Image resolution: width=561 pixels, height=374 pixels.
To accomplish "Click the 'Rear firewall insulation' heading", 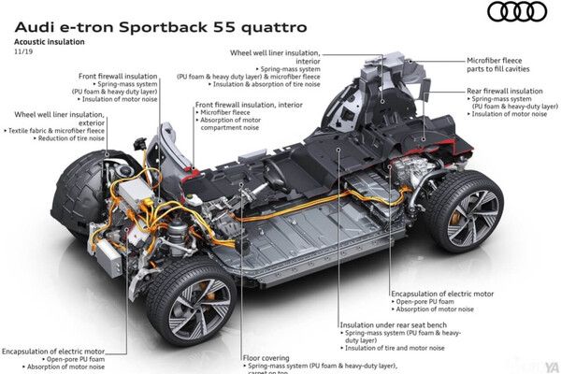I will click(x=504, y=91).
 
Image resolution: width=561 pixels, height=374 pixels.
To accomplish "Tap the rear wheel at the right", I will click(x=467, y=215).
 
